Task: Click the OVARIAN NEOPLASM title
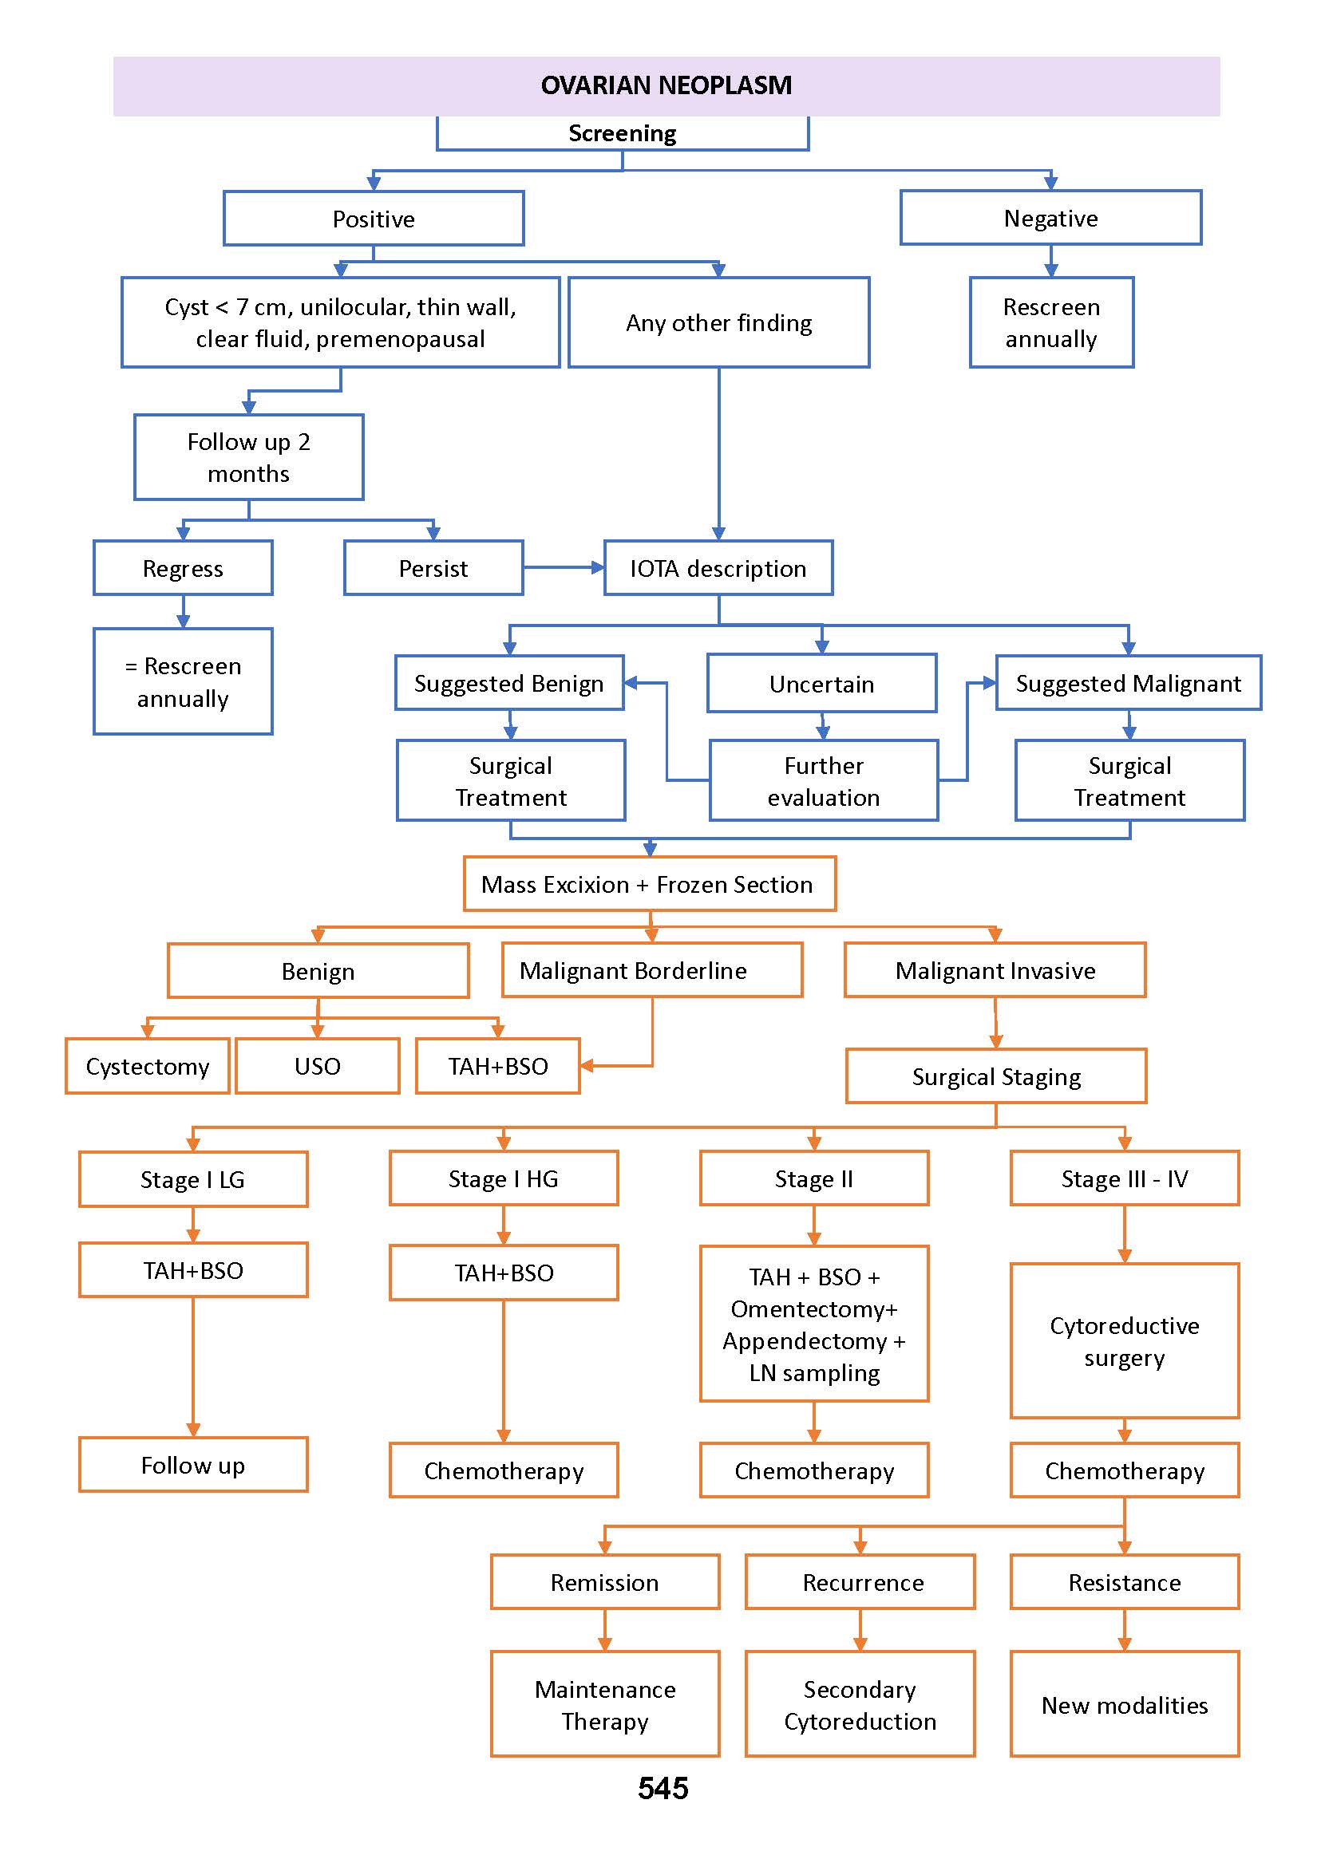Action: pyautogui.click(x=666, y=85)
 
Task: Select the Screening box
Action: pyautogui.click(x=622, y=133)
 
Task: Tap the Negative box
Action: pyautogui.click(x=1050, y=218)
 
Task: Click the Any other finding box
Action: pyautogui.click(x=718, y=323)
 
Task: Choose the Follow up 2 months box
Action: pyautogui.click(x=248, y=457)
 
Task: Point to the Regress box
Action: pyautogui.click(x=183, y=568)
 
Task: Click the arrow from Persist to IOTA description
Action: pyautogui.click(x=563, y=567)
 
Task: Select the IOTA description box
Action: pyautogui.click(x=718, y=568)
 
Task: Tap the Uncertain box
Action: pyautogui.click(x=821, y=683)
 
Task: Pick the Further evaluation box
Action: pyautogui.click(x=823, y=781)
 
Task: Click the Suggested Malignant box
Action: pyautogui.click(x=1128, y=683)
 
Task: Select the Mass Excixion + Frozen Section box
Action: pyautogui.click(x=650, y=884)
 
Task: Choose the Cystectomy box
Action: pyautogui.click(x=147, y=1067)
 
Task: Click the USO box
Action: pyautogui.click(x=318, y=1067)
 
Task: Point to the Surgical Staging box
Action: pyautogui.click(x=995, y=1076)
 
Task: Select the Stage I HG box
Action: pyautogui.click(x=504, y=1179)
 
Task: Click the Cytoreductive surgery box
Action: pyautogui.click(x=1125, y=1341)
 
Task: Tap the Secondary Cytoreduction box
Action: pyautogui.click(x=859, y=1705)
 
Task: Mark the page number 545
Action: pyautogui.click(x=662, y=1789)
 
